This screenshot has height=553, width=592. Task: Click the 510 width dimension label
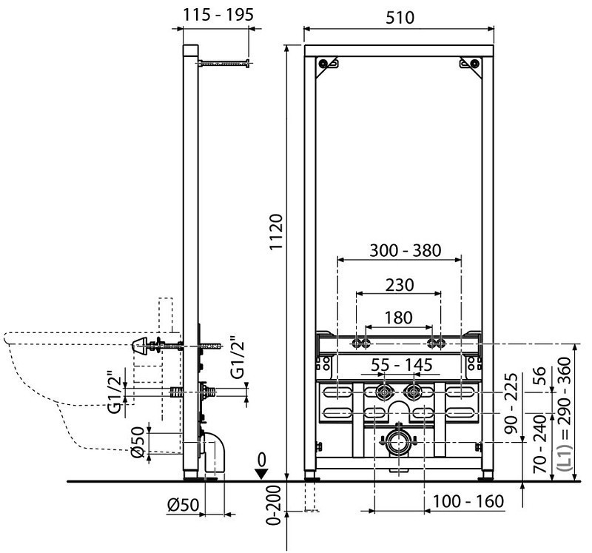tap(399, 16)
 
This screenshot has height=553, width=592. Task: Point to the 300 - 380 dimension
tap(399, 250)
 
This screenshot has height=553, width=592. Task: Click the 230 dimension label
tap(399, 284)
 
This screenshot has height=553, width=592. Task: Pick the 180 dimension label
tap(399, 318)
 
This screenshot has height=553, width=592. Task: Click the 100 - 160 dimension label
tap(469, 501)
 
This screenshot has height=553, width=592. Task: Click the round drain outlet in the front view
tap(398, 442)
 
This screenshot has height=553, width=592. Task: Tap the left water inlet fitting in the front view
tap(384, 392)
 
